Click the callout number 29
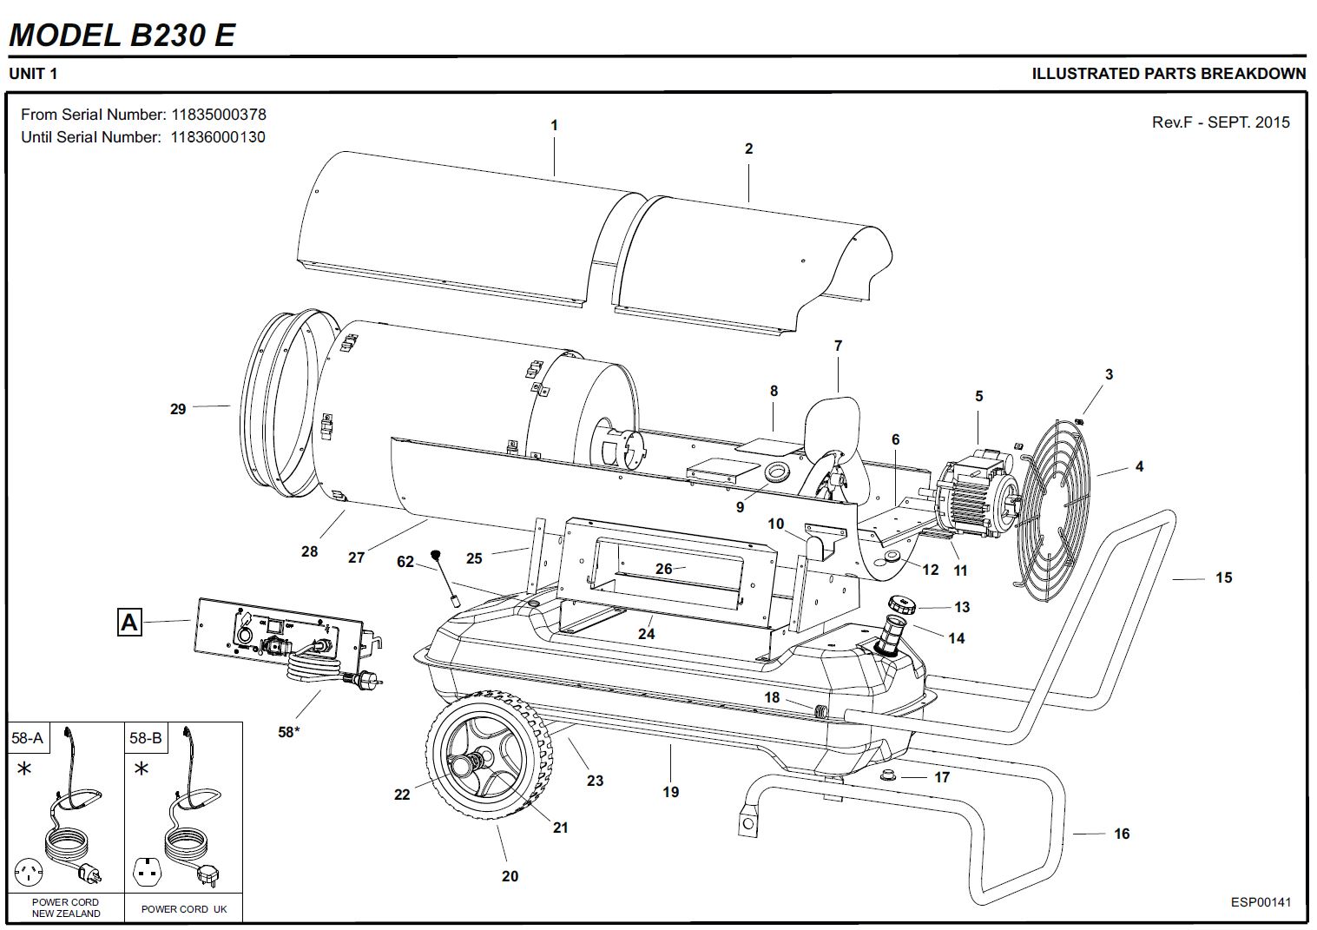178,408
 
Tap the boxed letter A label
129,622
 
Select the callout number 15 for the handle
1223,577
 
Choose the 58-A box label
27,738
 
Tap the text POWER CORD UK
184,909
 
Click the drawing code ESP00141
1261,901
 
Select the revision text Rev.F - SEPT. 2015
1220,122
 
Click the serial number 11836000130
218,137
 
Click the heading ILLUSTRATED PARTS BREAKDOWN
1168,74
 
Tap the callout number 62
405,562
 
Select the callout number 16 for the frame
1122,834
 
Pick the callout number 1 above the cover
555,125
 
